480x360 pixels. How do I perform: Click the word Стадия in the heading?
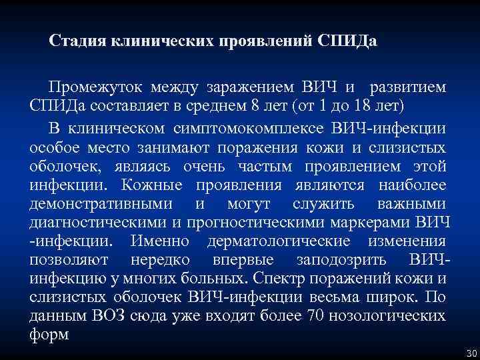tap(73, 41)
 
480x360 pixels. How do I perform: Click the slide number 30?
tap(469, 352)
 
